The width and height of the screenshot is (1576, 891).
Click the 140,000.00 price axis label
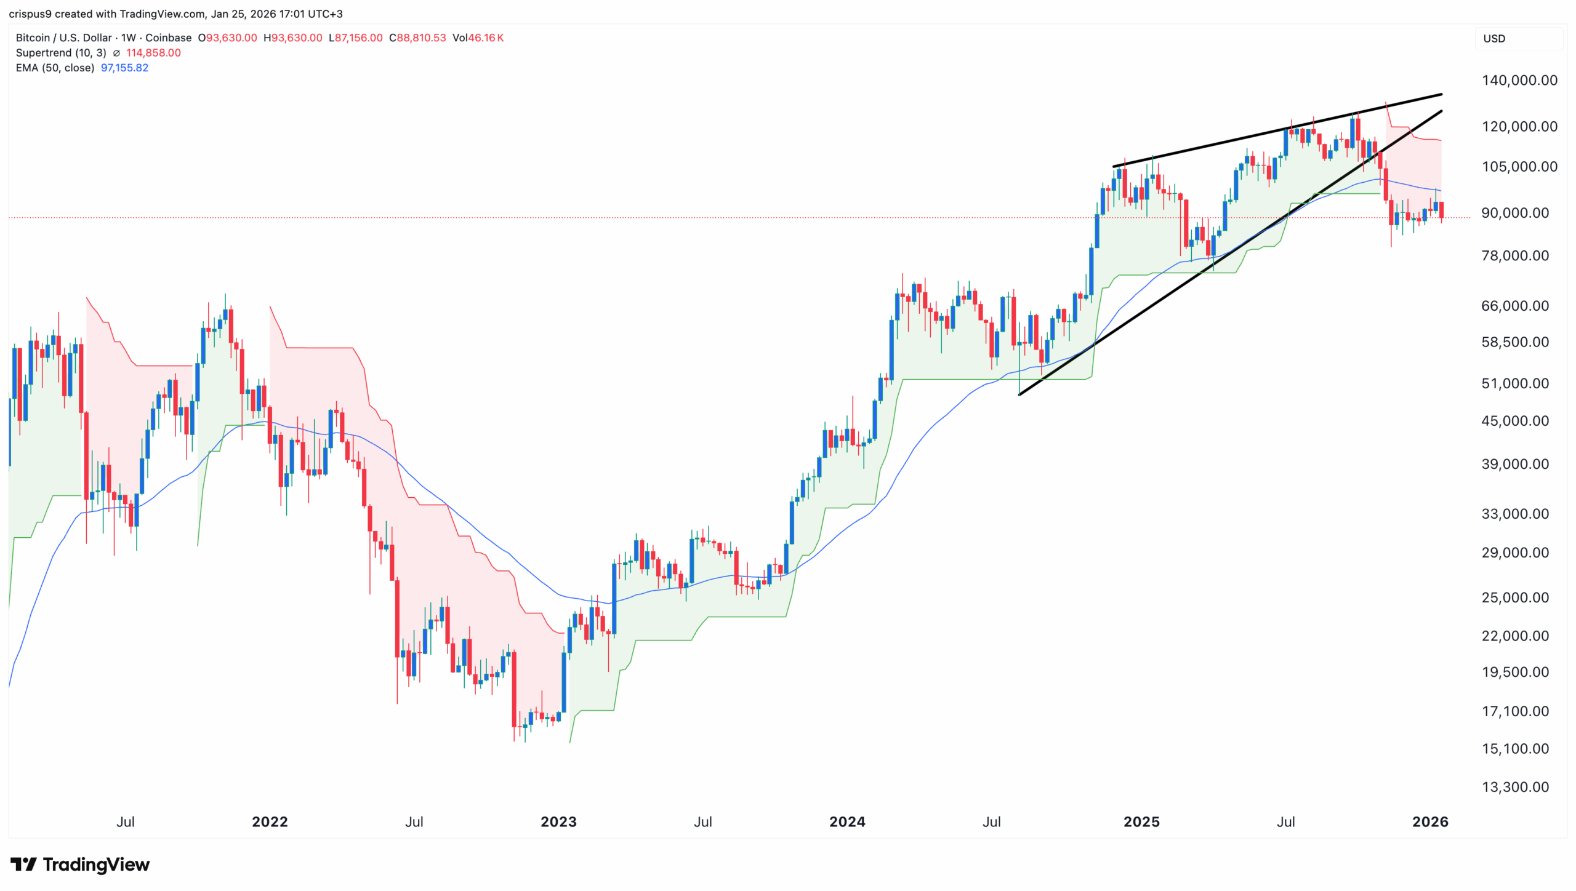pyautogui.click(x=1519, y=80)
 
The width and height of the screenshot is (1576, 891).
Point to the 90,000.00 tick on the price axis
pyautogui.click(x=1514, y=213)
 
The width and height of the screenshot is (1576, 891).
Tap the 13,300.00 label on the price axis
pyautogui.click(x=1514, y=787)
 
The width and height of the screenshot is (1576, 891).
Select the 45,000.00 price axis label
pyautogui.click(x=1514, y=421)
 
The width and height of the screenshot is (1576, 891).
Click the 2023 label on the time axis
pyautogui.click(x=558, y=821)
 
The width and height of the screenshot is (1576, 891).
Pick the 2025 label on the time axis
pyautogui.click(x=1141, y=821)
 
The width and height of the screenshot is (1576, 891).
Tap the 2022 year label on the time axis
pyautogui.click(x=270, y=821)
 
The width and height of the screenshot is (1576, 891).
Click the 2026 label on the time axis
pyautogui.click(x=1430, y=821)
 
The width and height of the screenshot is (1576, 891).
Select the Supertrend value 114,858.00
pyautogui.click(x=153, y=53)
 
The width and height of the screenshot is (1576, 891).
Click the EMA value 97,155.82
pyautogui.click(x=124, y=68)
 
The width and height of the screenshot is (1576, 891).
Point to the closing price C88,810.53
pyautogui.click(x=417, y=38)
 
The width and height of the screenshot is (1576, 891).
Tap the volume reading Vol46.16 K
pyautogui.click(x=478, y=38)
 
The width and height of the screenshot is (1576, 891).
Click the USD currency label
pyautogui.click(x=1494, y=38)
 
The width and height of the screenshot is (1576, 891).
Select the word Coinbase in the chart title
pyautogui.click(x=168, y=38)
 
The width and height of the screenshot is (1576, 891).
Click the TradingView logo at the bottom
pyautogui.click(x=80, y=865)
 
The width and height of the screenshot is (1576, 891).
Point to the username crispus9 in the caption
pyautogui.click(x=30, y=14)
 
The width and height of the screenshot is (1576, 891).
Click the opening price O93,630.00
pyautogui.click(x=227, y=38)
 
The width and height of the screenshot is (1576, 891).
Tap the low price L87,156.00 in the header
pyautogui.click(x=355, y=38)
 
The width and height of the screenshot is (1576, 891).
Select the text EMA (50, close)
pyautogui.click(x=55, y=68)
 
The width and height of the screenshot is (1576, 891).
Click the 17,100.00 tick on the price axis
pyautogui.click(x=1514, y=711)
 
